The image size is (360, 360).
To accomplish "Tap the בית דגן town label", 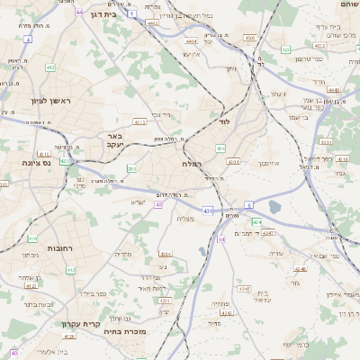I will click(105, 13).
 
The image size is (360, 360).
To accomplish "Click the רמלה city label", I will click(192, 164).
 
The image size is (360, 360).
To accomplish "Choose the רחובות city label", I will click(59, 247).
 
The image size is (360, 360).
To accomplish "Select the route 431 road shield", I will click(207, 211).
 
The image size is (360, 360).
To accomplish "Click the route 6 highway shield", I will click(248, 205).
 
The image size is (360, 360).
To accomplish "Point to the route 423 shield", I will click(65, 160).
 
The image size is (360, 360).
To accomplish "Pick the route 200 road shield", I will click(131, 168).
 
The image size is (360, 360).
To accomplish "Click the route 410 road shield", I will click(32, 238).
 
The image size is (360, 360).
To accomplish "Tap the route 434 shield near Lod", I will click(221, 148).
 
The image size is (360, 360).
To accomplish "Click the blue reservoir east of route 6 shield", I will click(274, 207).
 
